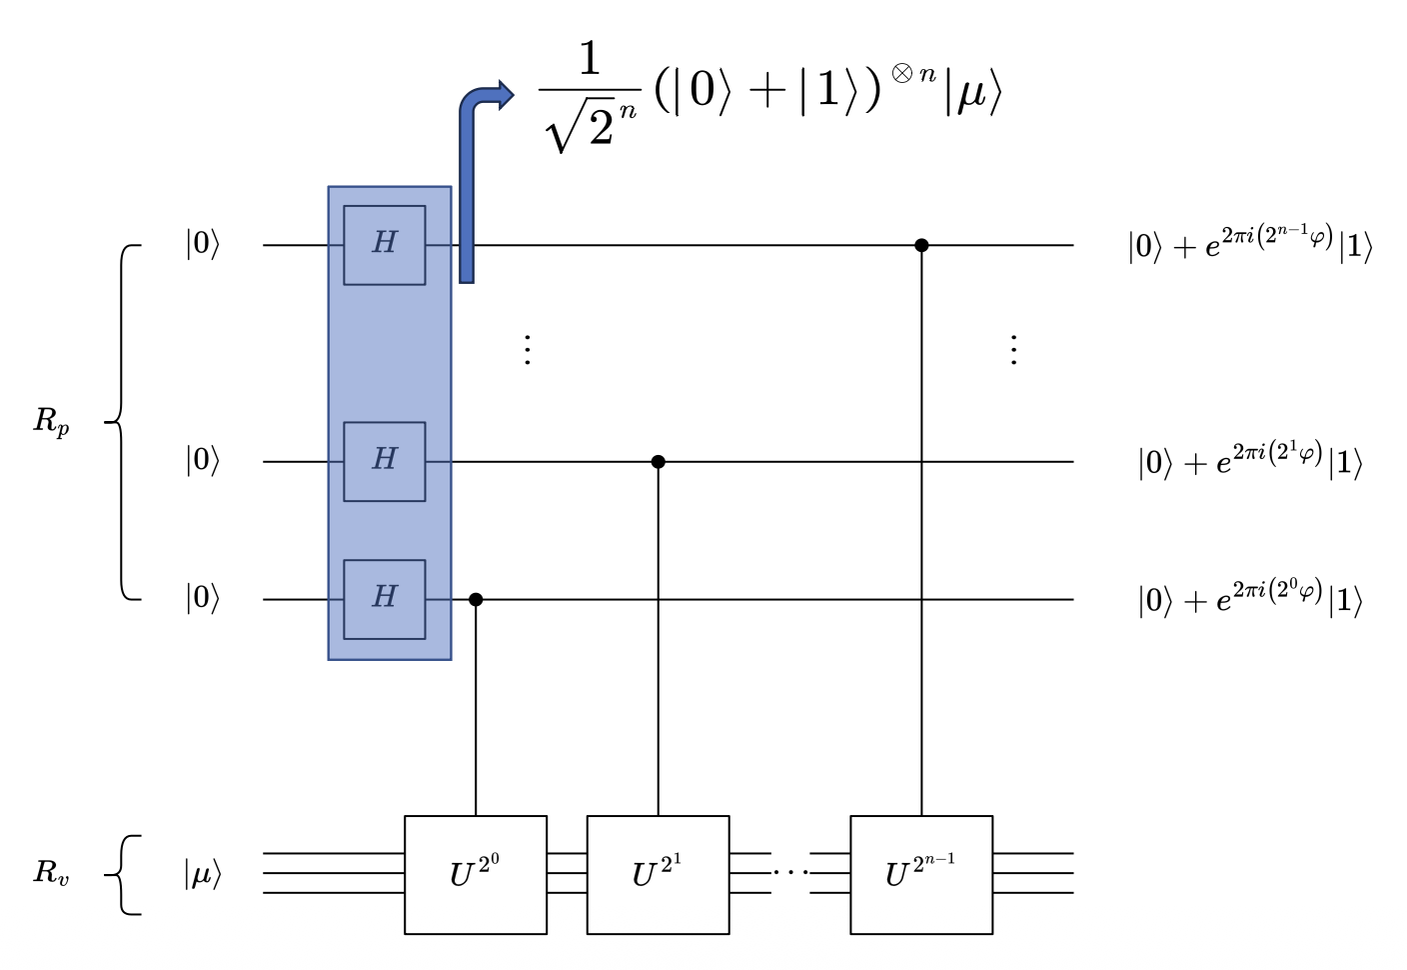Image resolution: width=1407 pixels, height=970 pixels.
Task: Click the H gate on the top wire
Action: [x=385, y=245]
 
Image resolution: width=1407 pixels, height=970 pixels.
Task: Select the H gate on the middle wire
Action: [x=385, y=461]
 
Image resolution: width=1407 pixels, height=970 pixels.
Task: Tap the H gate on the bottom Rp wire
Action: [x=385, y=599]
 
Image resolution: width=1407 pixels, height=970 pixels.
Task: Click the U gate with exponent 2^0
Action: [x=476, y=875]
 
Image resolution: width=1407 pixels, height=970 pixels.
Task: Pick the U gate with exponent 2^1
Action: [x=658, y=875]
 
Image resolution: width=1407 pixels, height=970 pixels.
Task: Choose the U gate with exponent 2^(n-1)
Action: [x=921, y=875]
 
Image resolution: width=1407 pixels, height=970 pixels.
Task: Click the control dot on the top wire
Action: [x=921, y=245]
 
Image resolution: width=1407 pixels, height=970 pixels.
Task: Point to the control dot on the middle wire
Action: [x=658, y=462]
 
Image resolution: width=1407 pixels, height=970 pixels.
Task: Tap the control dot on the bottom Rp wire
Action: [x=476, y=599]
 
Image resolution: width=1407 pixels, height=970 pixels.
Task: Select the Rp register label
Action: [x=52, y=422]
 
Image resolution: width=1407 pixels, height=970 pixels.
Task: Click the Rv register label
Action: [x=52, y=873]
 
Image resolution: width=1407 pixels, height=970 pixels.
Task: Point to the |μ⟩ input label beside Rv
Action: [x=202, y=875]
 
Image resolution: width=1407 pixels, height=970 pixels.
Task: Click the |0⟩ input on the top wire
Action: [x=202, y=244]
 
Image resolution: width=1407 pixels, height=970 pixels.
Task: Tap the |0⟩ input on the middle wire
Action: [x=202, y=461]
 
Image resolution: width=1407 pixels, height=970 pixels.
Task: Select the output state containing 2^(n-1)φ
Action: [x=1250, y=243]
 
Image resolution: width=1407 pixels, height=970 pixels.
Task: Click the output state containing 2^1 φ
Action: [x=1250, y=460]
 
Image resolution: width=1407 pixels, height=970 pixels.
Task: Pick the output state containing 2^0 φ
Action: [x=1250, y=598]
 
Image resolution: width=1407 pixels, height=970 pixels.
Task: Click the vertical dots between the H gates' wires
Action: [x=527, y=350]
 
